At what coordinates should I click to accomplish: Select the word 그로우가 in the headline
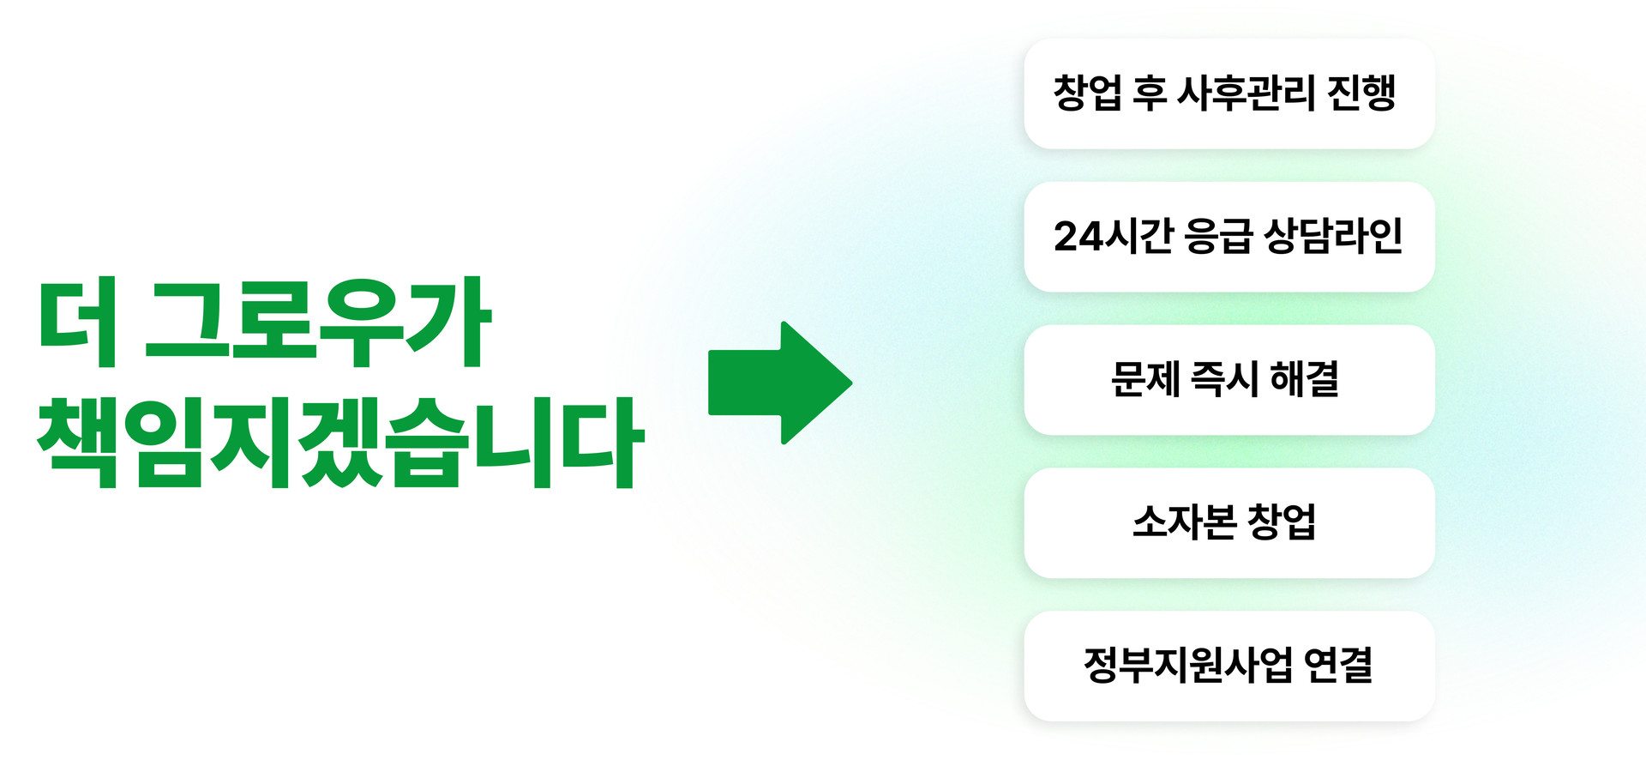point(317,323)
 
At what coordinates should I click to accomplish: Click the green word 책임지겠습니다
point(339,443)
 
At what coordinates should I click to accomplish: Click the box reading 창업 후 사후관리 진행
point(1228,93)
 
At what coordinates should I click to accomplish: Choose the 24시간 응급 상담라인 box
point(1228,237)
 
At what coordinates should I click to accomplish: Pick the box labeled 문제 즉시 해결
point(1228,380)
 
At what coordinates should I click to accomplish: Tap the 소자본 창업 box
point(1228,523)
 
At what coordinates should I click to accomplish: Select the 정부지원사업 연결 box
point(1228,666)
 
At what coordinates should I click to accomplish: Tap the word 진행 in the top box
point(1362,93)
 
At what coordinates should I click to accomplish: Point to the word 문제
point(1144,379)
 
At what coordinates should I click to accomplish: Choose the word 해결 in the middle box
point(1304,379)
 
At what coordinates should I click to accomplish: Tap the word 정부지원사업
point(1187,666)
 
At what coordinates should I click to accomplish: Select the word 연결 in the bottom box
point(1338,666)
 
